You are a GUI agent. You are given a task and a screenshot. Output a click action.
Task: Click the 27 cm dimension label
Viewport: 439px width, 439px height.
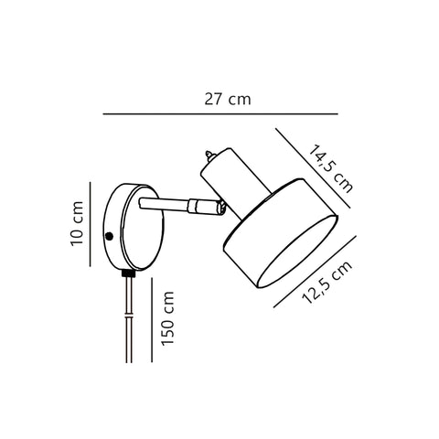click(x=228, y=100)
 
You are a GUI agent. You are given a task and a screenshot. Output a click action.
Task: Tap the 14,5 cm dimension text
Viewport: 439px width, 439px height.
click(x=331, y=169)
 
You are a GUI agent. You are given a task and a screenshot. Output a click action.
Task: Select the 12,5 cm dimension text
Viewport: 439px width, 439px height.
click(x=327, y=283)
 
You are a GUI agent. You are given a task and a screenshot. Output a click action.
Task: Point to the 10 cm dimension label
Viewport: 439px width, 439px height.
click(x=77, y=223)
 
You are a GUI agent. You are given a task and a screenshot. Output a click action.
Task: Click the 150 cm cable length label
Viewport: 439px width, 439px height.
click(x=167, y=318)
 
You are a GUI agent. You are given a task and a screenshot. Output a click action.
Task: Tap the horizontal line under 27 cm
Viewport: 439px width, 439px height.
click(x=220, y=114)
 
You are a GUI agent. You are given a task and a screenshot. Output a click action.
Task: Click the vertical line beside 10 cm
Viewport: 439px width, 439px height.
click(x=91, y=224)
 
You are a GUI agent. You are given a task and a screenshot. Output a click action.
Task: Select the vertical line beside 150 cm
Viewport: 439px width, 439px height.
click(x=152, y=319)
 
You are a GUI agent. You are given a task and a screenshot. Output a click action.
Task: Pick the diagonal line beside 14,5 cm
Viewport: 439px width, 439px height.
click(x=313, y=168)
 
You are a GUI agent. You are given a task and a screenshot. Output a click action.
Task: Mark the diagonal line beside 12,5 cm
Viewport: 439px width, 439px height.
click(x=315, y=272)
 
